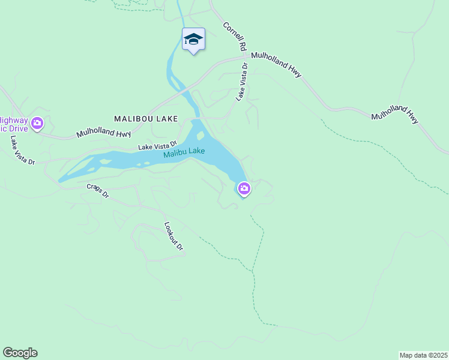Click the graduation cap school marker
coord(193,40)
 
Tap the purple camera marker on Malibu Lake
coord(244,189)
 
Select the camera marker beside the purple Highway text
coord(38,124)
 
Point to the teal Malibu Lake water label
coord(184,152)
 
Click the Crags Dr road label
coord(97,191)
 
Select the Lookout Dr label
coord(173,236)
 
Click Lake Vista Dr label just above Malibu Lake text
coord(157,145)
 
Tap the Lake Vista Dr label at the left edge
coord(23,150)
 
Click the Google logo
coord(20,353)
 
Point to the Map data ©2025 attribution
coord(424,355)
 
